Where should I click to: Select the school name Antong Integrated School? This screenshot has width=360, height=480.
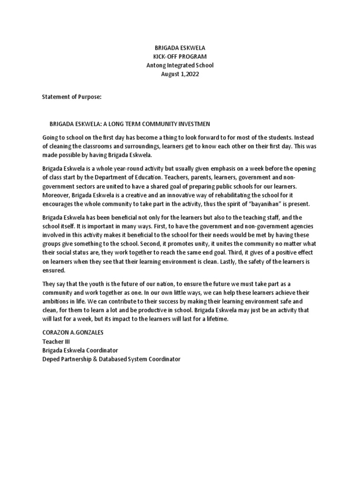tap(180, 66)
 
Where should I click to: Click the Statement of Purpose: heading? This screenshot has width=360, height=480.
tap(71, 97)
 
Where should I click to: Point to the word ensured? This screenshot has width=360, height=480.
tap(55, 270)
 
